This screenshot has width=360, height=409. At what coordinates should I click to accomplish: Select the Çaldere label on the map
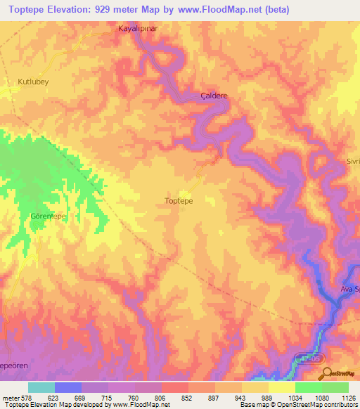(x=214, y=95)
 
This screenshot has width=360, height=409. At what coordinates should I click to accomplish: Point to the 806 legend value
(x=161, y=398)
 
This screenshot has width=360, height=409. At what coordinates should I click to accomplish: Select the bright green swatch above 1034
(x=308, y=387)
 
